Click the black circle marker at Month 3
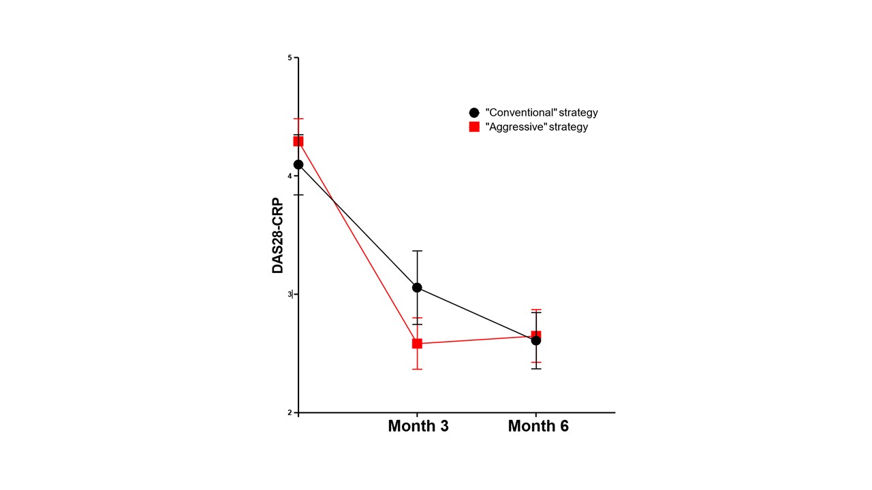(x=417, y=288)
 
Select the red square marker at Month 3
(x=417, y=344)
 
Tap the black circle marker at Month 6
(x=536, y=340)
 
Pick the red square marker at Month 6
(x=536, y=336)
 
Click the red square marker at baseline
(x=298, y=142)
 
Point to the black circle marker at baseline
(x=298, y=165)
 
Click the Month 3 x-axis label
(x=418, y=427)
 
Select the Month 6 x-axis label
(x=538, y=427)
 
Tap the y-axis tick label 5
(x=290, y=58)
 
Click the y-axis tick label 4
(x=290, y=176)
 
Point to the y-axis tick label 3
(x=290, y=294)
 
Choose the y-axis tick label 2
(x=290, y=412)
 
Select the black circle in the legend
(x=474, y=112)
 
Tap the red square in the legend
(x=474, y=127)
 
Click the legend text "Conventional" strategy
(x=542, y=112)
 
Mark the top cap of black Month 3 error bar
(x=417, y=251)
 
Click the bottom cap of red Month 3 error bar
(x=417, y=369)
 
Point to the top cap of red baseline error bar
(x=298, y=119)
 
